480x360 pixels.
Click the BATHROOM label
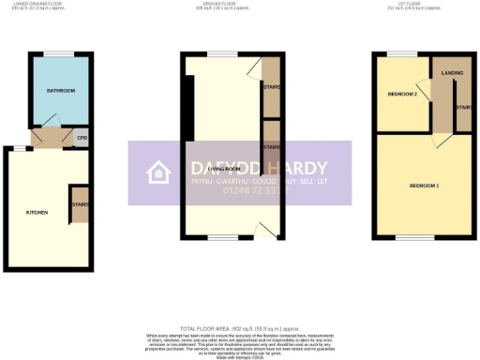click(60, 90)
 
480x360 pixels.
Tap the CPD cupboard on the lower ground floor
click(82, 139)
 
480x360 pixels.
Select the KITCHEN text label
click(37, 213)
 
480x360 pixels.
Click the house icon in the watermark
click(157, 172)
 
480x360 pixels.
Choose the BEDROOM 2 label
click(401, 95)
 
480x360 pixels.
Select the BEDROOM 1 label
click(424, 186)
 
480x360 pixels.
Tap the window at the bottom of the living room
click(222, 236)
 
